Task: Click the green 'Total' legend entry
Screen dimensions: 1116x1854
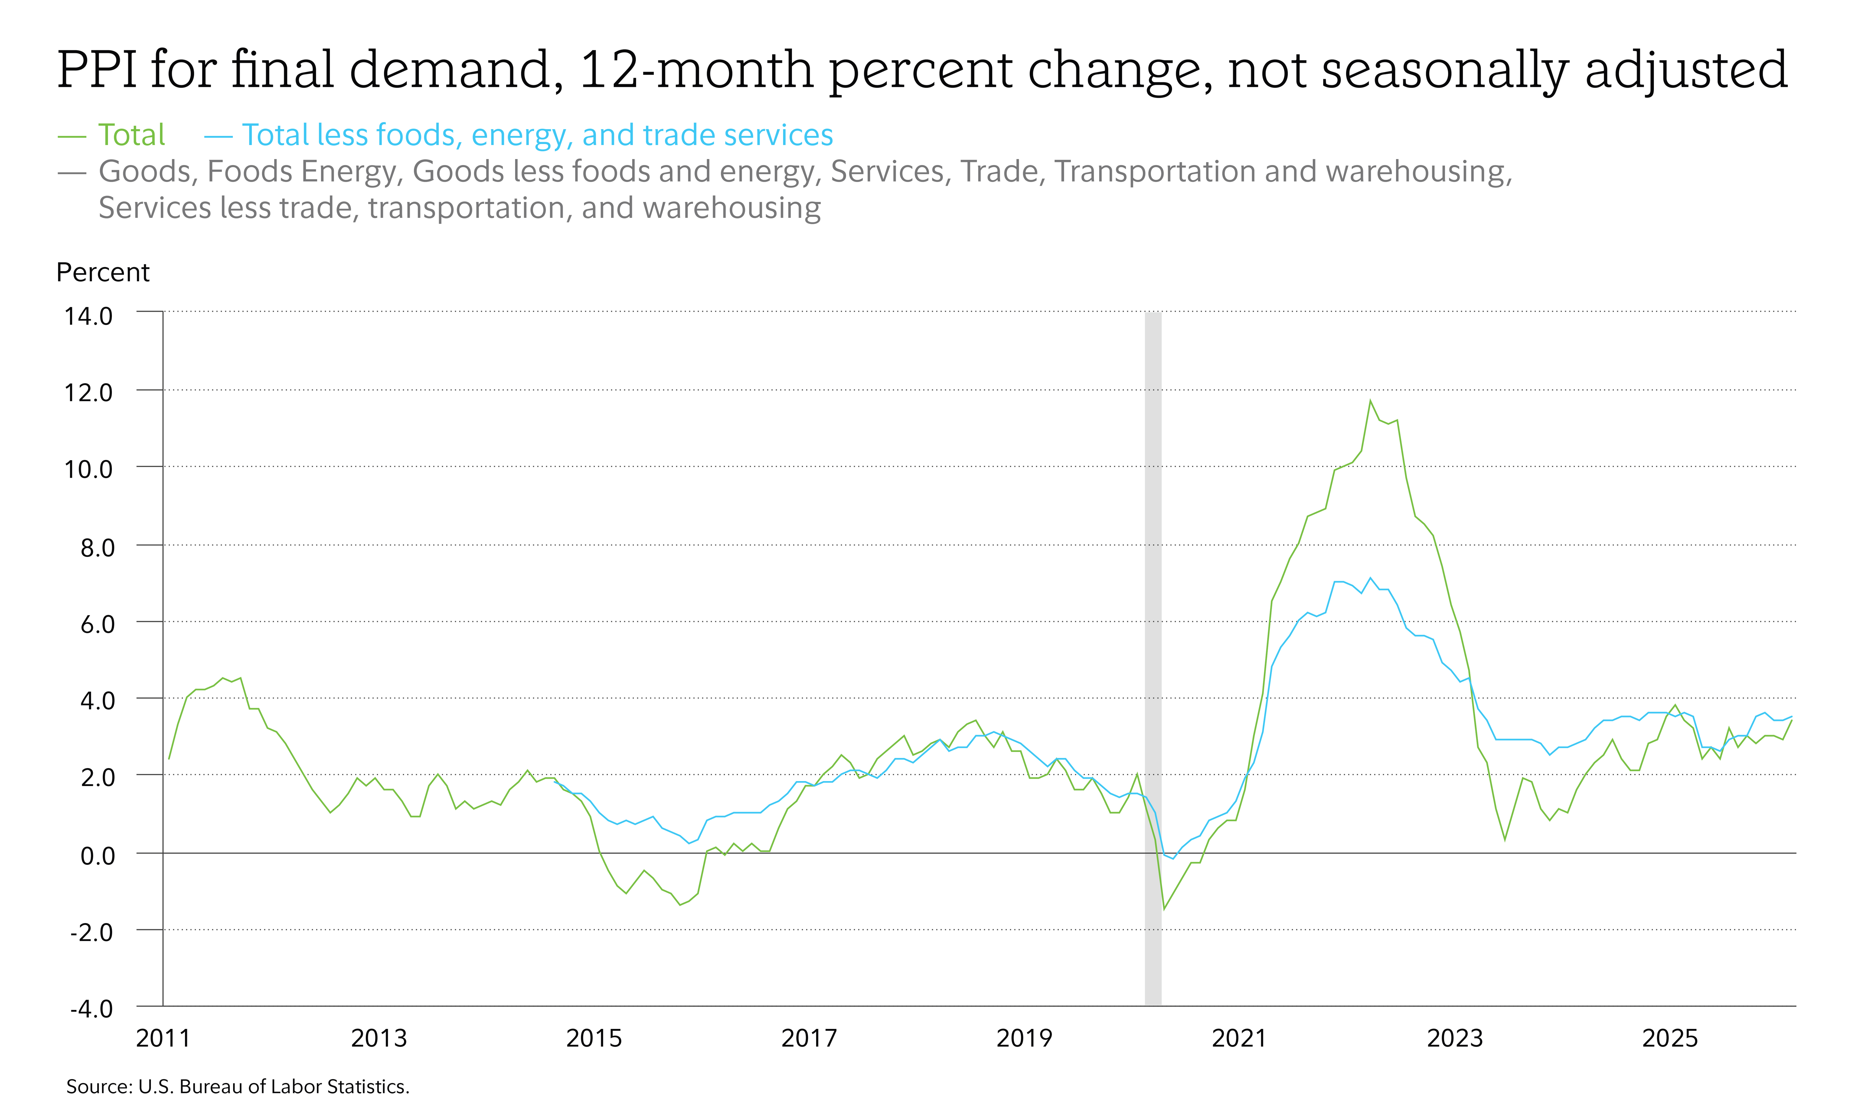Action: tap(131, 135)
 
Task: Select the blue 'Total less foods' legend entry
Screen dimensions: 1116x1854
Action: tap(537, 135)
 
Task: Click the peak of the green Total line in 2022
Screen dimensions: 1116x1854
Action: tap(1370, 401)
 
